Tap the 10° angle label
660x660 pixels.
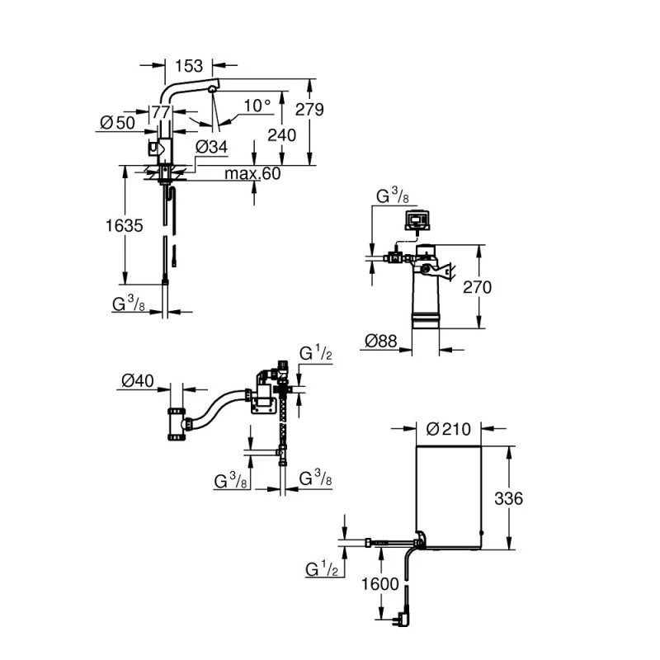(x=257, y=106)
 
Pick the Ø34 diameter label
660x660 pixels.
(x=211, y=148)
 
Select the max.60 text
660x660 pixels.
(x=253, y=174)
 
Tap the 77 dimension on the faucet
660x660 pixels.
(x=160, y=113)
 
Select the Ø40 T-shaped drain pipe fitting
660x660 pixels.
(x=177, y=424)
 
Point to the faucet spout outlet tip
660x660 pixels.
(x=212, y=89)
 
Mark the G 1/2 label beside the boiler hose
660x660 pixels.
(x=323, y=570)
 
